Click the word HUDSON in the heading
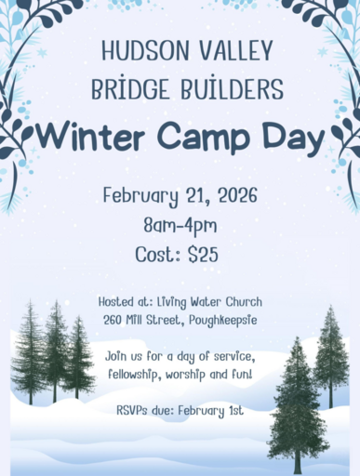pyautogui.click(x=145, y=50)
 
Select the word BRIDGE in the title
pyautogui.click(x=130, y=87)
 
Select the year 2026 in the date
pyautogui.click(x=237, y=195)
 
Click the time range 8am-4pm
pyautogui.click(x=180, y=226)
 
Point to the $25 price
pyautogui.click(x=203, y=255)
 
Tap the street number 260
pyautogui.click(x=113, y=320)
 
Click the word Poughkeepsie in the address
pyautogui.click(x=223, y=321)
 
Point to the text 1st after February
pyautogui.click(x=235, y=411)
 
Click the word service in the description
pyautogui.click(x=234, y=356)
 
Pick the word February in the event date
pyautogui.click(x=140, y=196)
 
